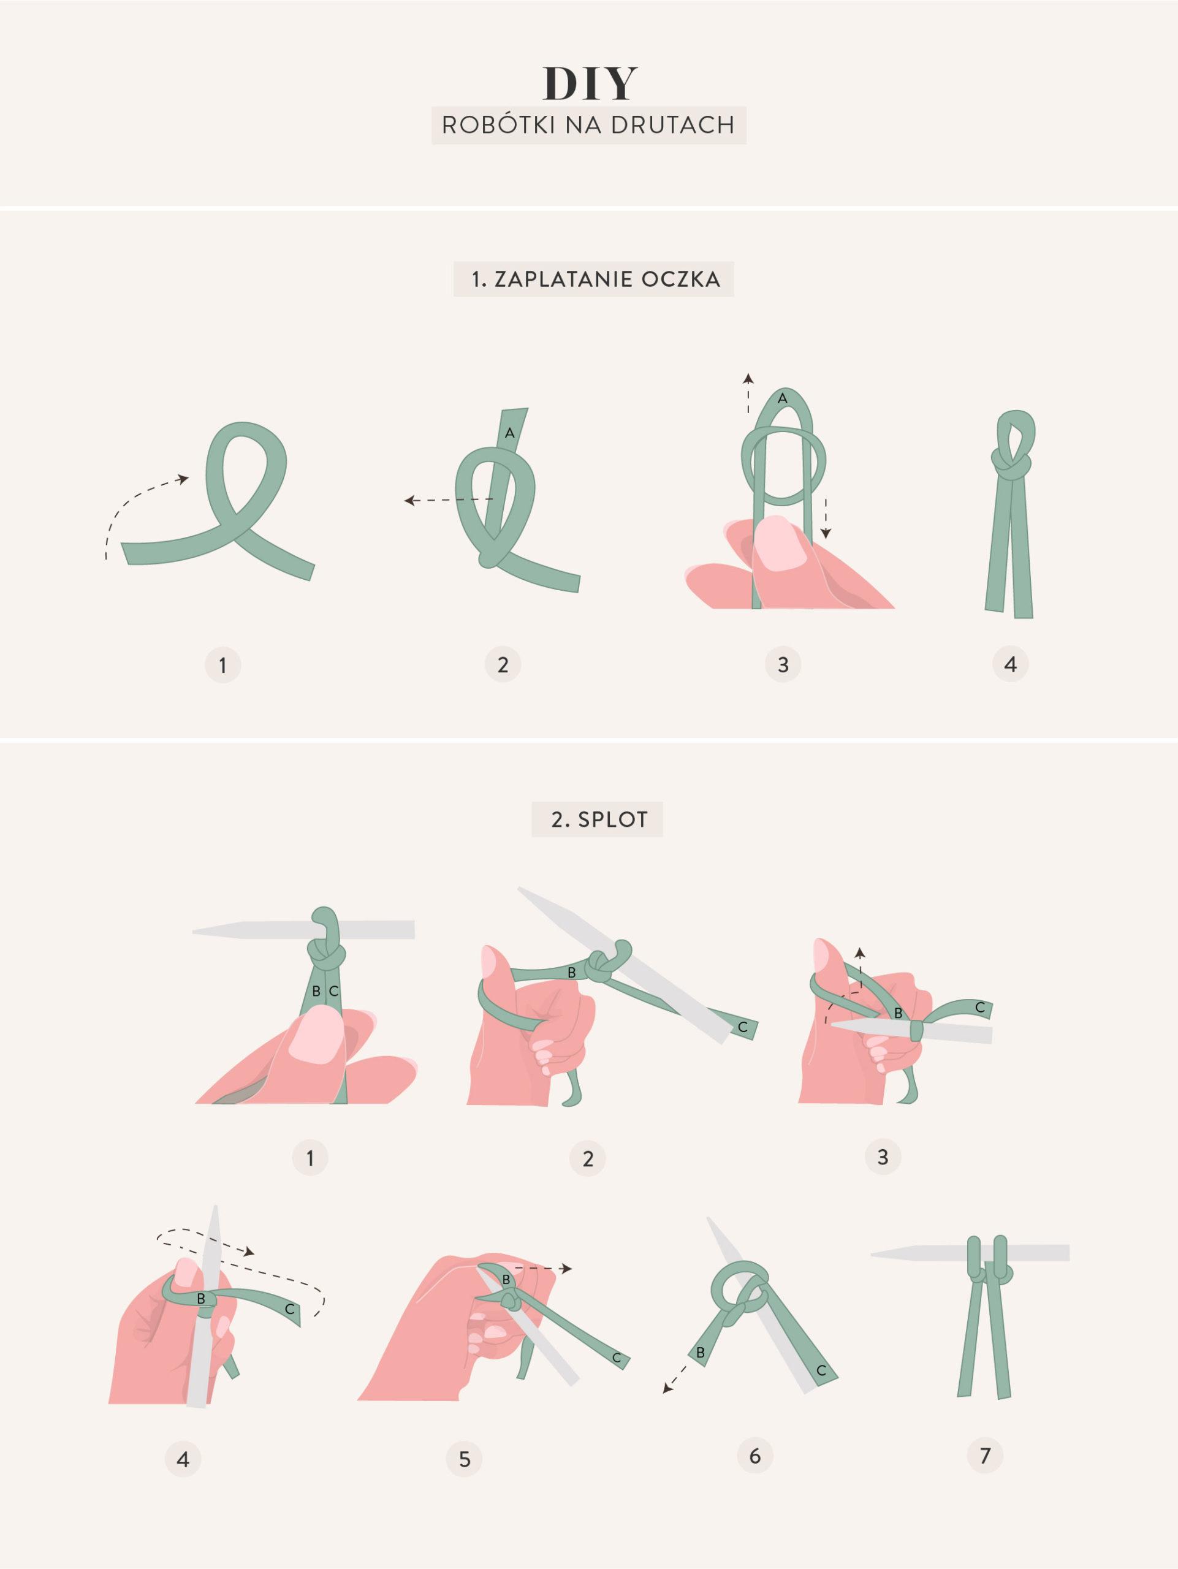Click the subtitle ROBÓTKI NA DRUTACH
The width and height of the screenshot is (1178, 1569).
tap(588, 125)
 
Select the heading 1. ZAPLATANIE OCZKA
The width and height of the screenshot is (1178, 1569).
tap(596, 279)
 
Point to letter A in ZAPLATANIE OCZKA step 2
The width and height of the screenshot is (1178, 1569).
tap(509, 433)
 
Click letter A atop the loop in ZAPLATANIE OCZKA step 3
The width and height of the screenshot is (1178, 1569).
tap(782, 398)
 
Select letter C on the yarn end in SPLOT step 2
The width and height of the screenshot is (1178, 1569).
tap(743, 1027)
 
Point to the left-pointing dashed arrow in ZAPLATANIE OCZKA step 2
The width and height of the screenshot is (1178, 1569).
tap(448, 501)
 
